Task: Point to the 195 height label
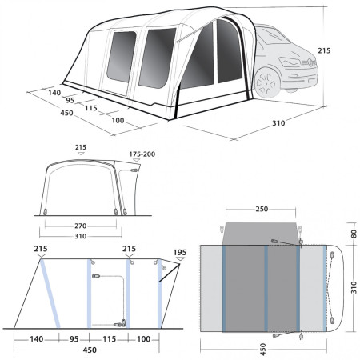(179, 253)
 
